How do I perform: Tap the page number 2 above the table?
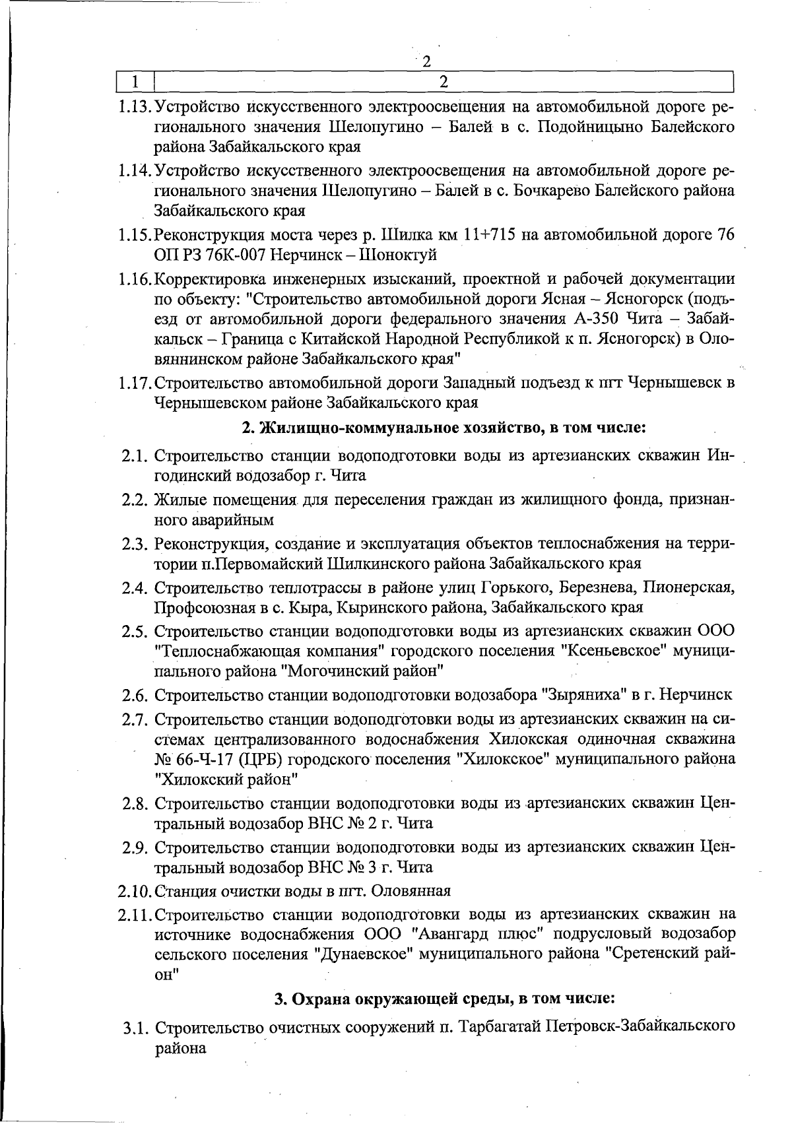pyautogui.click(x=426, y=62)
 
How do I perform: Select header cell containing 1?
pyautogui.click(x=135, y=82)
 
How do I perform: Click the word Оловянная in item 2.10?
pyautogui.click(x=411, y=891)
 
